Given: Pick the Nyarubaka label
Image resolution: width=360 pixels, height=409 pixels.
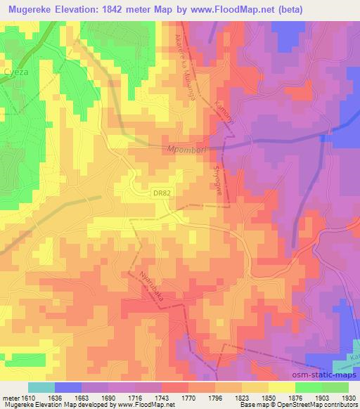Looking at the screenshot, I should (153, 285).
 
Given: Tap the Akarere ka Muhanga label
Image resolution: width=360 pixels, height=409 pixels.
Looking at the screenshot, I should (183, 66).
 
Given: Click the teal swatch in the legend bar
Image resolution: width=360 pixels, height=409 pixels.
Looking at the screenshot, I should (41, 387).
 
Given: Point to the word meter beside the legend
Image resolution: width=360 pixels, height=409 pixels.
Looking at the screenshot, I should (11, 398).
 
